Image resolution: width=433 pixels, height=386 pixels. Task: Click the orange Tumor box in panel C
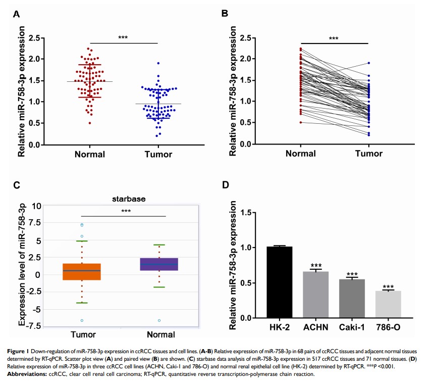[x=82, y=271]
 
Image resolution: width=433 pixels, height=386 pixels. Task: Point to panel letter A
[x=16, y=15]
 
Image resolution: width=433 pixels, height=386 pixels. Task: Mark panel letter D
[x=226, y=185]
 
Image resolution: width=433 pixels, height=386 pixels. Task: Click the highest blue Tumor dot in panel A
[x=158, y=63]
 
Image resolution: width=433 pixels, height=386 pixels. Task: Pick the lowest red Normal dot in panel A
[x=89, y=123]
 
